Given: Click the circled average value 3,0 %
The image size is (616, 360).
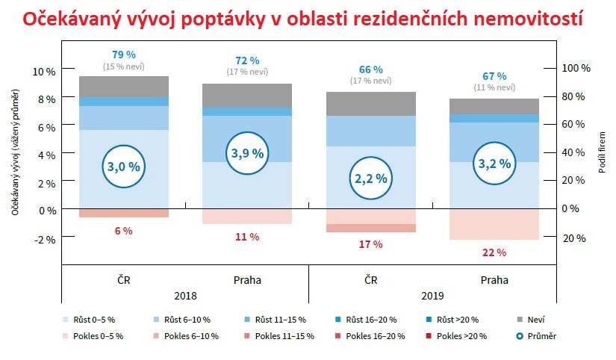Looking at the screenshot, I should point(123,167).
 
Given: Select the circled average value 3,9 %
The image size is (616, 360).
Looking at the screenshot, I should point(247,153).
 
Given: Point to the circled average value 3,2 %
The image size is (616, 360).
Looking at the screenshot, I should point(494,164).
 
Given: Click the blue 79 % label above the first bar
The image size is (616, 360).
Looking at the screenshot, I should point(123,54).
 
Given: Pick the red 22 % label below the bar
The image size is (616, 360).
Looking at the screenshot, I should point(494,252).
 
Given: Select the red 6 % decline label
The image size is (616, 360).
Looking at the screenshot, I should point(123,231).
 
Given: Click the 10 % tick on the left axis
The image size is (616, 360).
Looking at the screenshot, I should point(44,71).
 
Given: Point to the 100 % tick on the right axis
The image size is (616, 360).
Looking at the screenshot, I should point(576,68).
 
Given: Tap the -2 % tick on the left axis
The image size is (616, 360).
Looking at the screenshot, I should point(44,238).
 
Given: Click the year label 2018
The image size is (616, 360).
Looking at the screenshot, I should point(185,295).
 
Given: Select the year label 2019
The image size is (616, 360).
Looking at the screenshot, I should point(432,295).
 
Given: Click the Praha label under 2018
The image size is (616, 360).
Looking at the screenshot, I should point(247,280).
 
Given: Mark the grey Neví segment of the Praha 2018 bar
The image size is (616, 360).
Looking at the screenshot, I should point(247,95).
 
